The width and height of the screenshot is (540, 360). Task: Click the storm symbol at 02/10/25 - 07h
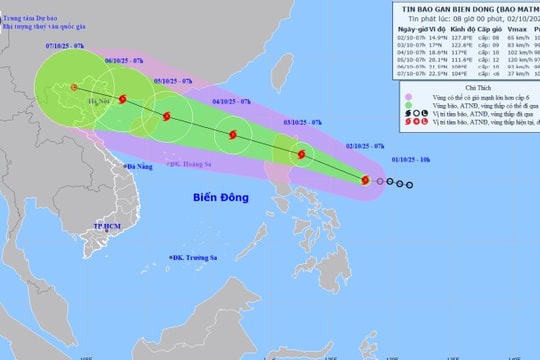tap(365, 180)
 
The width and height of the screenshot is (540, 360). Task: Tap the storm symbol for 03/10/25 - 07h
tap(299, 155)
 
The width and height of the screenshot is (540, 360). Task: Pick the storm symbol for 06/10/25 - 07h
tap(122, 99)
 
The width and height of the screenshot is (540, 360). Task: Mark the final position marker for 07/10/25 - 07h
tap(74, 88)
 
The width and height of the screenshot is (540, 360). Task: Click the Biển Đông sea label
tap(221, 198)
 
